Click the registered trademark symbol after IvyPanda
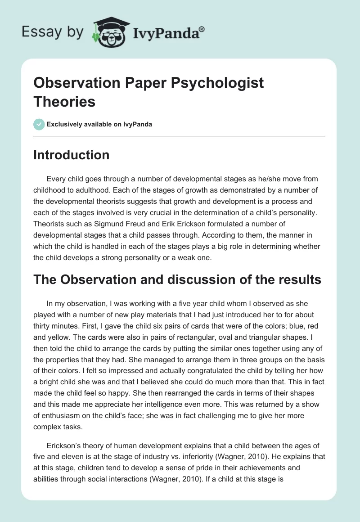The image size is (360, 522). tap(202, 30)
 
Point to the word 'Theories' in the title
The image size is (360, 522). tap(64, 102)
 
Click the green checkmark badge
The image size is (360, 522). tap(39, 124)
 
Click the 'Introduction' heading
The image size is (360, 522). tap(71, 155)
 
